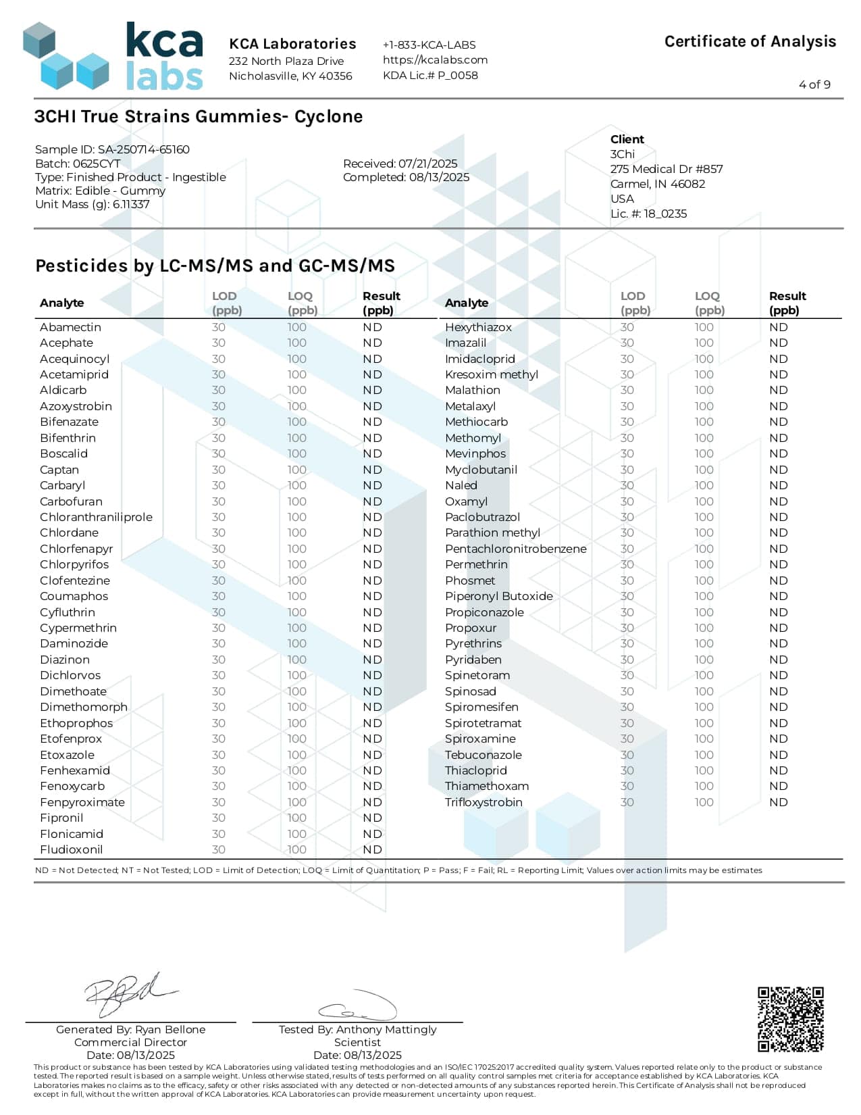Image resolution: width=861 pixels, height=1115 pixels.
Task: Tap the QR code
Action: pyautogui.click(x=790, y=1019)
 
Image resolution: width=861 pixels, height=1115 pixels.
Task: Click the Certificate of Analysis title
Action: pyautogui.click(x=750, y=42)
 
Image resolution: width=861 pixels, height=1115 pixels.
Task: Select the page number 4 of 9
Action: pyautogui.click(x=814, y=84)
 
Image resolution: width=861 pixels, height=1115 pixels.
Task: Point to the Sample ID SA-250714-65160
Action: pyautogui.click(x=112, y=149)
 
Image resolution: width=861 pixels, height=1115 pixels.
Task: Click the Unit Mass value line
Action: pyautogui.click(x=93, y=204)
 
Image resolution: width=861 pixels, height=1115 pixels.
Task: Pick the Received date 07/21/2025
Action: pyautogui.click(x=400, y=164)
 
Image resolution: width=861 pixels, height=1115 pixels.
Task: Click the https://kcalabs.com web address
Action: pyautogui.click(x=435, y=59)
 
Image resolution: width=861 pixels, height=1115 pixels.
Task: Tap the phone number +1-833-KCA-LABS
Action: pyautogui.click(x=429, y=45)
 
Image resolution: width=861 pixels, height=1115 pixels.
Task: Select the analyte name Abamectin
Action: pyautogui.click(x=70, y=327)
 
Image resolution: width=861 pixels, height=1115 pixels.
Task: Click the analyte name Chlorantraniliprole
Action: pyautogui.click(x=96, y=517)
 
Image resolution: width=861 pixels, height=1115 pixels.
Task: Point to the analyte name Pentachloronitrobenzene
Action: pyautogui.click(x=515, y=549)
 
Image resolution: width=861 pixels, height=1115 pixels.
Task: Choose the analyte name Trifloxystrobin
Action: pyautogui.click(x=484, y=802)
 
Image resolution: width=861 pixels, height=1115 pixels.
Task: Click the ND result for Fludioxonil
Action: pyautogui.click(x=372, y=849)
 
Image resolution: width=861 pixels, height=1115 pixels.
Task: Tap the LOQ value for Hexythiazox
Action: pyautogui.click(x=704, y=327)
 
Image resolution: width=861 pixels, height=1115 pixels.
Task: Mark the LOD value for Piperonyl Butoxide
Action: pyautogui.click(x=627, y=596)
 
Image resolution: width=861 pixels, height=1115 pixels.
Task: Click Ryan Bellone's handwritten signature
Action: pyautogui.click(x=128, y=994)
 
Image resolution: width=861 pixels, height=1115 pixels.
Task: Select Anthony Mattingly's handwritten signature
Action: pyautogui.click(x=358, y=1006)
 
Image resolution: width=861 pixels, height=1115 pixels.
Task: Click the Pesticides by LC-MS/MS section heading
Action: pyautogui.click(x=215, y=266)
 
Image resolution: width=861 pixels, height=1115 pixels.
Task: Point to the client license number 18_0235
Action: pyautogui.click(x=648, y=214)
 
